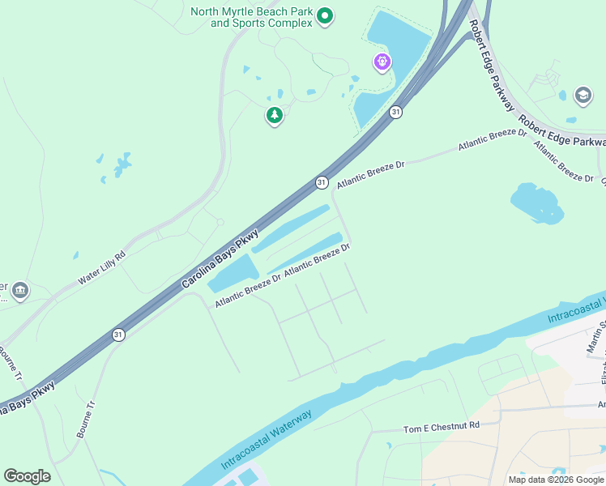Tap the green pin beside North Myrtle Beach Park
click(325, 15)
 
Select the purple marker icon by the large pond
click(382, 61)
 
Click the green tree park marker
click(275, 116)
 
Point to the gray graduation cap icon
click(583, 96)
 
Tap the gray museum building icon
click(20, 290)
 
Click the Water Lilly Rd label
click(101, 268)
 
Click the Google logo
click(27, 476)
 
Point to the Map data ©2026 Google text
click(555, 480)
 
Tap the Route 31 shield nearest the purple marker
click(395, 112)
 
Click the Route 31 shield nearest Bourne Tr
click(118, 335)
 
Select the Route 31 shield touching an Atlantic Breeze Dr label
click(322, 183)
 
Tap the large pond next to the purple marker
click(396, 49)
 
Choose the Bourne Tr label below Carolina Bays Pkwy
click(86, 420)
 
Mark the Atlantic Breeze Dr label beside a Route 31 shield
click(370, 174)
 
